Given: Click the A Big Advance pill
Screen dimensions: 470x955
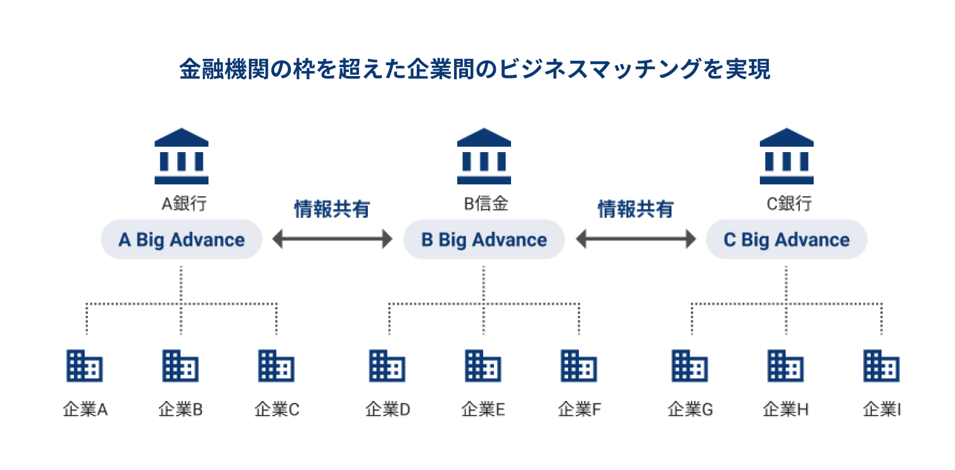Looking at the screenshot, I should (x=182, y=239).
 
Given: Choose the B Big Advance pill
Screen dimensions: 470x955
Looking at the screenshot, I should (x=484, y=239).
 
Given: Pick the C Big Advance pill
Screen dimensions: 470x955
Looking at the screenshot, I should (x=787, y=239).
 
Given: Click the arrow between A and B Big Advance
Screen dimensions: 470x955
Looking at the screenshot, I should (x=332, y=239).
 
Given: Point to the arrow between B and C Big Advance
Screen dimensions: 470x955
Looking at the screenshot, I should (x=635, y=239).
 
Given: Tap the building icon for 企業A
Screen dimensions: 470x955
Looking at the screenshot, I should (x=85, y=365).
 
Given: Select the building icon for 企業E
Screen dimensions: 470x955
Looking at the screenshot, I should (x=483, y=365).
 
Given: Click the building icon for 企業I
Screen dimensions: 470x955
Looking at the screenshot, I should (x=882, y=365).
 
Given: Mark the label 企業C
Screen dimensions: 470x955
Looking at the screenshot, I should (x=277, y=410).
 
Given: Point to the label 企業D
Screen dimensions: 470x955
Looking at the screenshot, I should (x=388, y=410).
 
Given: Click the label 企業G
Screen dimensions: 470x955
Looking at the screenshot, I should (x=690, y=410).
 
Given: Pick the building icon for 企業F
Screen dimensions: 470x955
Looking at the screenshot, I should (x=579, y=365).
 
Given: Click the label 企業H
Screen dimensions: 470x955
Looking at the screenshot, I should (x=786, y=410).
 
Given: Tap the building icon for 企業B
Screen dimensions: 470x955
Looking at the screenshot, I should (x=180, y=365).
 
